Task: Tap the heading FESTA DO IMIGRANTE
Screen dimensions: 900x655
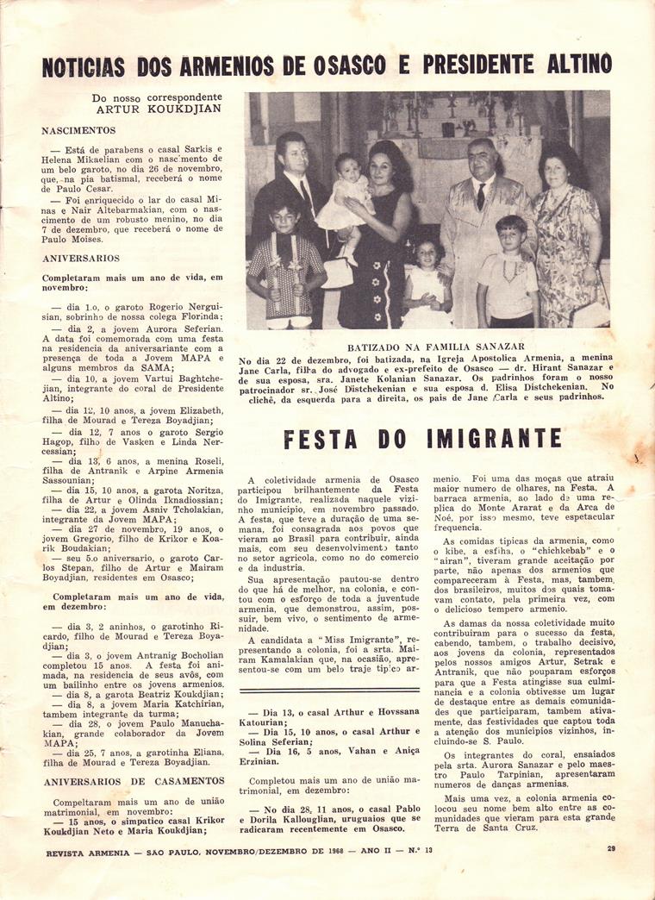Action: point(422,439)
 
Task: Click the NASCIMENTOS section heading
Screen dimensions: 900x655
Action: point(78,130)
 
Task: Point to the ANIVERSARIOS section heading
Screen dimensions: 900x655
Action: point(81,258)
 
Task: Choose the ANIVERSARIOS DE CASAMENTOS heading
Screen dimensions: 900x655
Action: point(133,780)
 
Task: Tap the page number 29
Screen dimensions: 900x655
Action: point(609,849)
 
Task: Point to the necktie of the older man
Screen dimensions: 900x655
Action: point(481,196)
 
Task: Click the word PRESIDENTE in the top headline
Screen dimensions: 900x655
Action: point(487,66)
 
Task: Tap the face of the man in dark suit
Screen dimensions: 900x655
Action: point(291,155)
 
